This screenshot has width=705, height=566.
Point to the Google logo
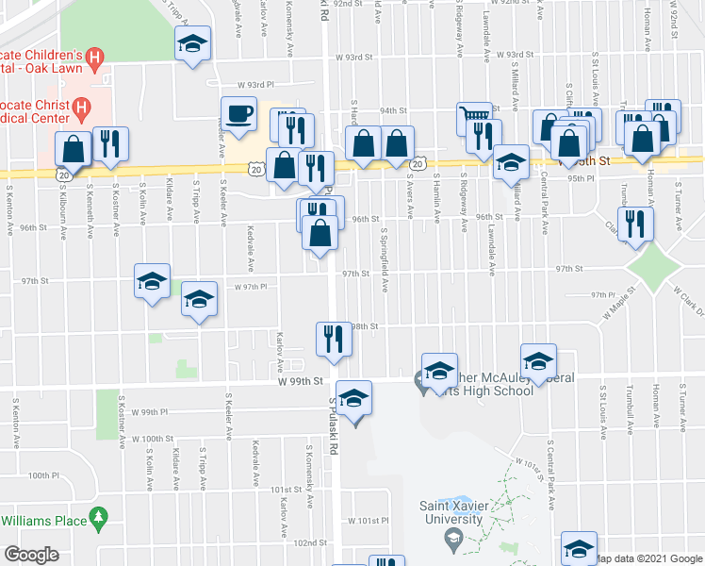pos(31,555)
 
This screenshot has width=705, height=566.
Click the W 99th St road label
pos(301,381)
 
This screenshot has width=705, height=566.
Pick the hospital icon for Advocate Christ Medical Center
pos(81,107)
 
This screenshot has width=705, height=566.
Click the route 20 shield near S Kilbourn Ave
pos(62,175)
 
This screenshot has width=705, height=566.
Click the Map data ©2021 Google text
pos(648,558)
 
